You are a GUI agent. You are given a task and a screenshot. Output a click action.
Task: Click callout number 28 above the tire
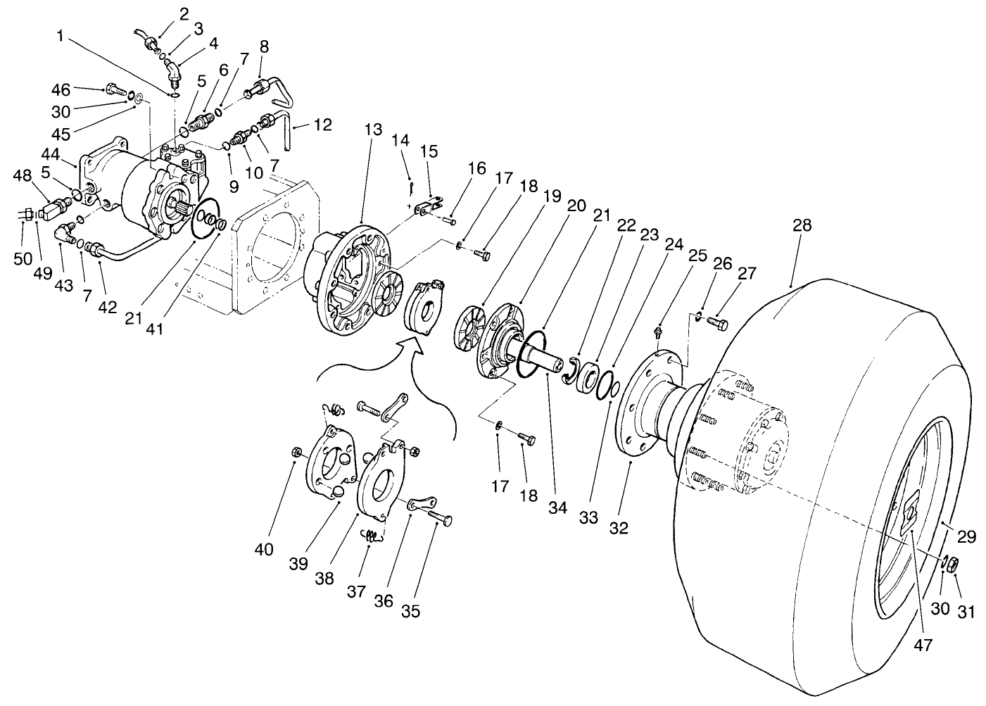click(802, 226)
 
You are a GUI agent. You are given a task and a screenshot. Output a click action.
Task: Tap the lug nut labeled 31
click(950, 564)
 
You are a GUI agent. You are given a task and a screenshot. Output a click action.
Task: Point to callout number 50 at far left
click(23, 258)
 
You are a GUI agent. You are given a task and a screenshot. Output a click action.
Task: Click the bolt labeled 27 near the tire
click(717, 323)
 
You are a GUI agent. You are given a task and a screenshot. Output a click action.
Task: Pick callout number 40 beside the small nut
click(264, 550)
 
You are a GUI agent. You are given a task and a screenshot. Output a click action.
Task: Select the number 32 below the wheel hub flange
click(619, 527)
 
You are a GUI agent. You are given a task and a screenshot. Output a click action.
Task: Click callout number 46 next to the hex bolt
click(61, 89)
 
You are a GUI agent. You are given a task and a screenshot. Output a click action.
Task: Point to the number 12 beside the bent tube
click(322, 126)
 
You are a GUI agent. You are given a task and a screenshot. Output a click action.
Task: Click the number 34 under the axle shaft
click(557, 507)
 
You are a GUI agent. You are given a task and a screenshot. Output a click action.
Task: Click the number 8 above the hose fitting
click(264, 47)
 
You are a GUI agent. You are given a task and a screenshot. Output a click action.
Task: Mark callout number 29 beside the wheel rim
click(967, 537)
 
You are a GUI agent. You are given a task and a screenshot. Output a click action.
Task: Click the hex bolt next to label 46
click(113, 89)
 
